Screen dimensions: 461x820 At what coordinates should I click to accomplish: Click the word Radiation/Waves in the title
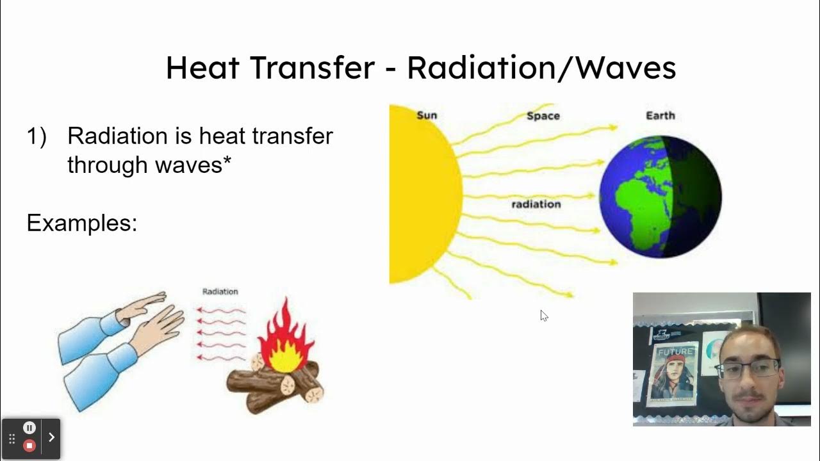[x=541, y=68]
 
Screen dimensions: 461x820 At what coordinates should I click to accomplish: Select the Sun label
[x=427, y=115]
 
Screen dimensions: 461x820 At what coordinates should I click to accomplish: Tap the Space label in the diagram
[x=543, y=116]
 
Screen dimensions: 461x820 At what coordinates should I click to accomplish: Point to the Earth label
[x=660, y=115]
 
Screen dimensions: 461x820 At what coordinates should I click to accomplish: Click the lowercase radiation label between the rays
[x=536, y=204]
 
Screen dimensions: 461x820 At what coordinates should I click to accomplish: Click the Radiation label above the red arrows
[x=220, y=291]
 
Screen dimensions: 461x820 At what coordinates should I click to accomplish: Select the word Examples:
[x=82, y=223]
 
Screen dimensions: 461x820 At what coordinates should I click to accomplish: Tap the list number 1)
[x=37, y=136]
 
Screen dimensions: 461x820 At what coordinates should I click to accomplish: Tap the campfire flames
[x=284, y=339]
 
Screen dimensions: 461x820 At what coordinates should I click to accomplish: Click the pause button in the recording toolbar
[x=29, y=428]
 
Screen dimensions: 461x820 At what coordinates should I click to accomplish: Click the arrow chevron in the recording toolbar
[x=51, y=437]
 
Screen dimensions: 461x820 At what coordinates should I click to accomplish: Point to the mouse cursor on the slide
[x=543, y=314]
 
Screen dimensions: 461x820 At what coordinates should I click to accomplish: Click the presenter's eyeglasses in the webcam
[x=748, y=369]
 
